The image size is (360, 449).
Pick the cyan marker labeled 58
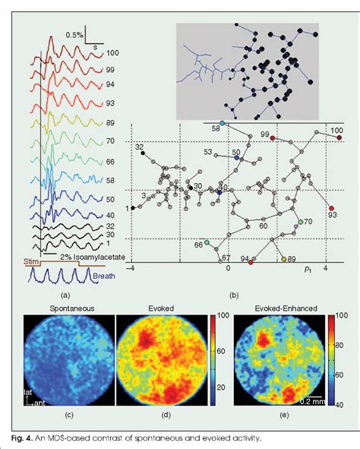pyautogui.click(x=222, y=122)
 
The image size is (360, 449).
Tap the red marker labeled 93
pyautogui.click(x=331, y=207)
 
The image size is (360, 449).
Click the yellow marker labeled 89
pyautogui.click(x=284, y=260)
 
